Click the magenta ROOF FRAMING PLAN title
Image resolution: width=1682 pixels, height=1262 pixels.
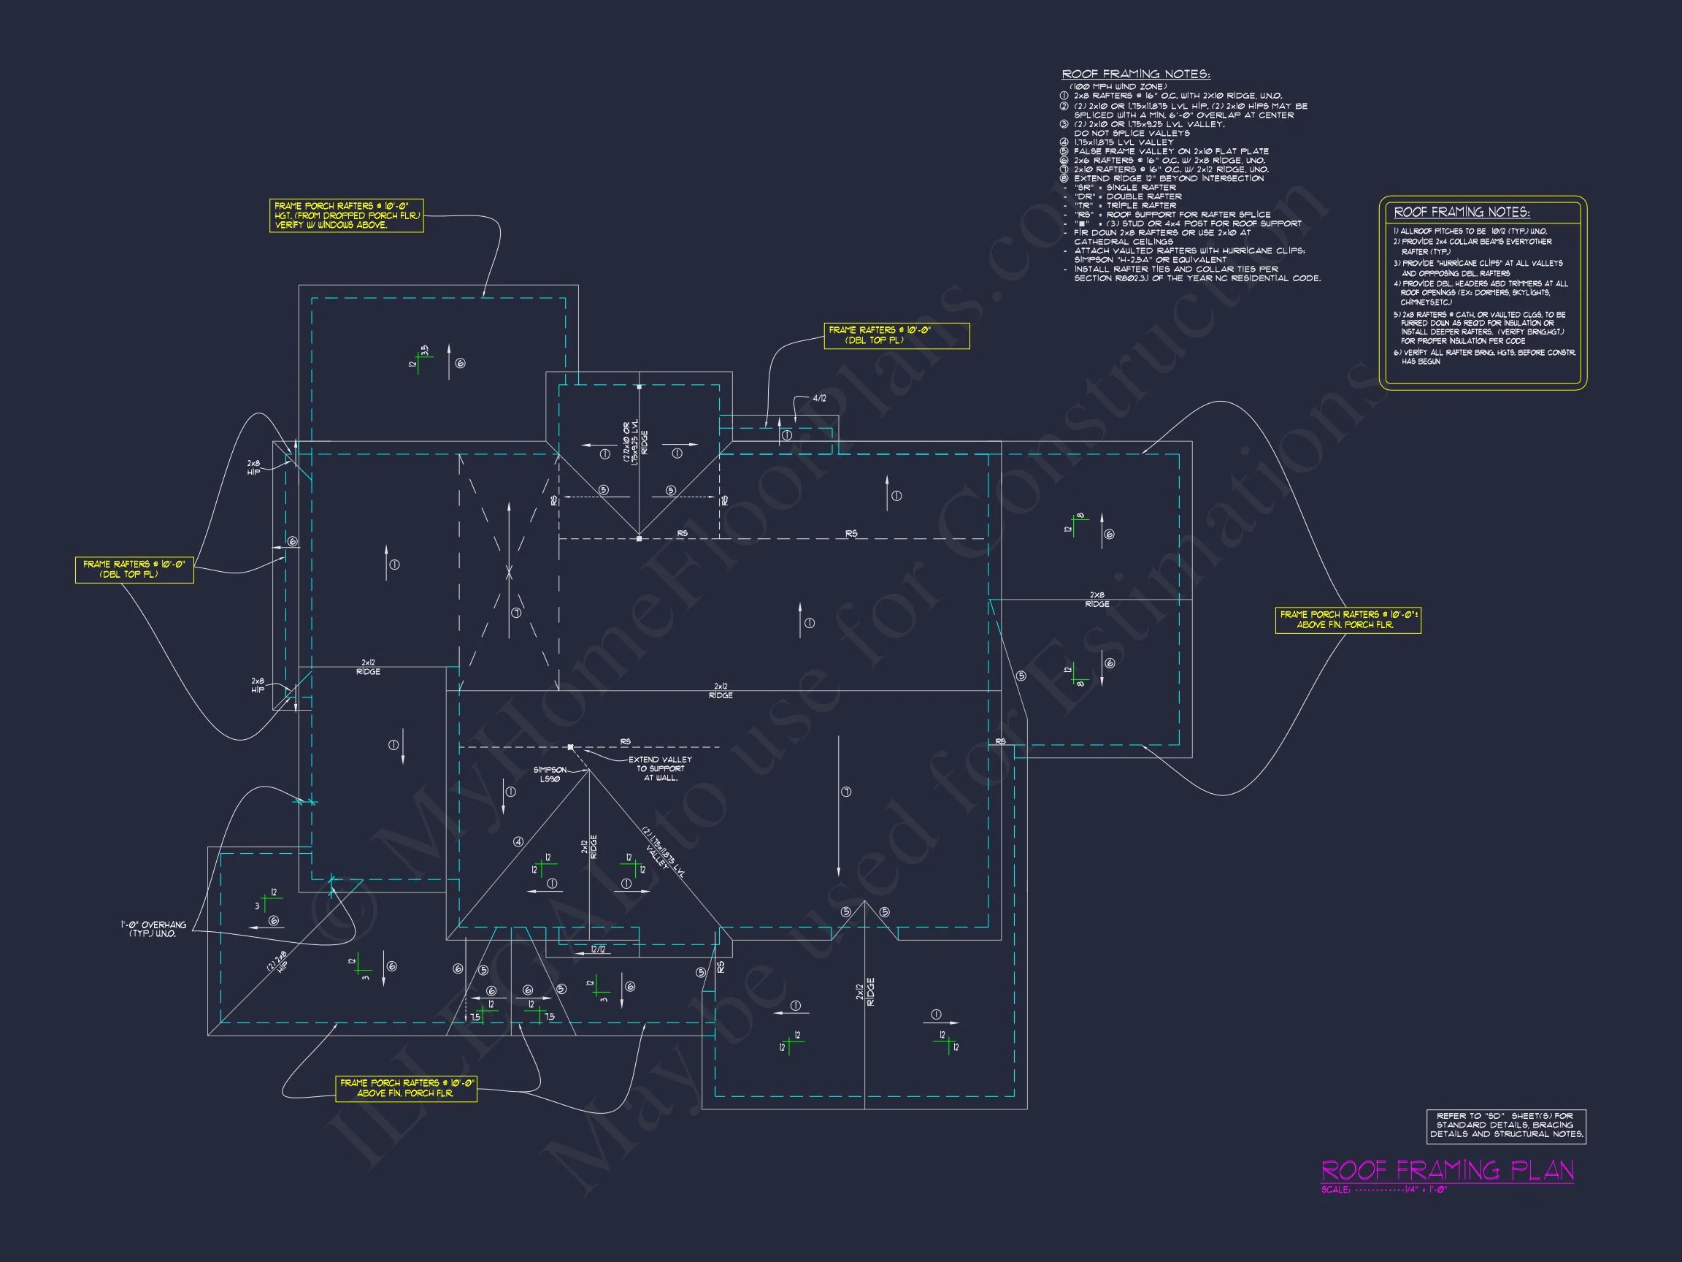click(x=1447, y=1169)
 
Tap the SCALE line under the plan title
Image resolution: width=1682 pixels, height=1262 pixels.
click(x=1384, y=1190)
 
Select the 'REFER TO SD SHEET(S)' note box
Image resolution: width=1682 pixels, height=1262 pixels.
click(x=1505, y=1125)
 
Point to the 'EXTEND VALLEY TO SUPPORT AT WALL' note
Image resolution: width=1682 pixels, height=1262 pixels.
click(x=660, y=768)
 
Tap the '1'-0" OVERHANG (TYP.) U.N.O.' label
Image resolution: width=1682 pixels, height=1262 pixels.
click(x=153, y=929)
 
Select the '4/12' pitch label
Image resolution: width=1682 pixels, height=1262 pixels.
click(x=819, y=399)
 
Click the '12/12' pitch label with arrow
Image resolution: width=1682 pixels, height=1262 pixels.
click(x=599, y=949)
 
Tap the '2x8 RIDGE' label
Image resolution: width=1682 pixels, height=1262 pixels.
click(x=1097, y=600)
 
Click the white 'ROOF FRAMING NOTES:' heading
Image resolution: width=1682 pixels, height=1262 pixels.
click(x=1135, y=74)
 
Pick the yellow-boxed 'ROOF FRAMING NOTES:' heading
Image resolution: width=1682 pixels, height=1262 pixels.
click(x=1462, y=213)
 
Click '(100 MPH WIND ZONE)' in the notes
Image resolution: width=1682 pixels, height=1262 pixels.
click(x=1118, y=87)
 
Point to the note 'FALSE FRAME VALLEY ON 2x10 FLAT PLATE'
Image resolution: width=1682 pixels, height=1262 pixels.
click(x=1171, y=151)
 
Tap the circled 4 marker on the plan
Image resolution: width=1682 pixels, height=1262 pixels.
click(x=518, y=842)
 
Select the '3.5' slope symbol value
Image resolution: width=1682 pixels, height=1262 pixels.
click(x=425, y=350)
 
